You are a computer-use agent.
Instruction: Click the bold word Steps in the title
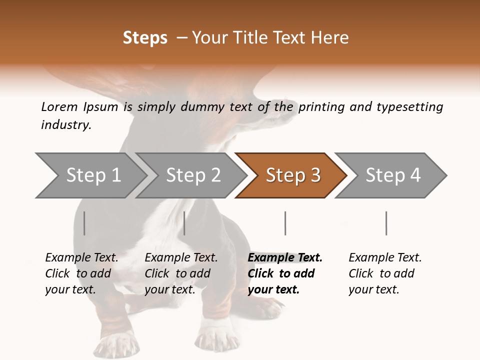click(x=145, y=38)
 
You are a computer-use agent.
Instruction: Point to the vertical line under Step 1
click(x=84, y=223)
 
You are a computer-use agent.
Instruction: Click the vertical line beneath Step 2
click(x=184, y=223)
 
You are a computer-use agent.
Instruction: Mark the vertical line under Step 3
click(x=285, y=223)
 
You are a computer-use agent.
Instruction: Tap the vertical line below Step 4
click(x=386, y=223)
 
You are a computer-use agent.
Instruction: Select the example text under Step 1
click(x=81, y=273)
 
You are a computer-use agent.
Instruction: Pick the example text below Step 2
click(x=181, y=273)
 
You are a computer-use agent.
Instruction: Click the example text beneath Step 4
click(x=385, y=273)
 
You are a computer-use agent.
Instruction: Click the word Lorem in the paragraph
click(x=59, y=106)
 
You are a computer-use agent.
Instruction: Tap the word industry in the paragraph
click(x=66, y=125)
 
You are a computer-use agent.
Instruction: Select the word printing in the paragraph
click(x=320, y=106)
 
